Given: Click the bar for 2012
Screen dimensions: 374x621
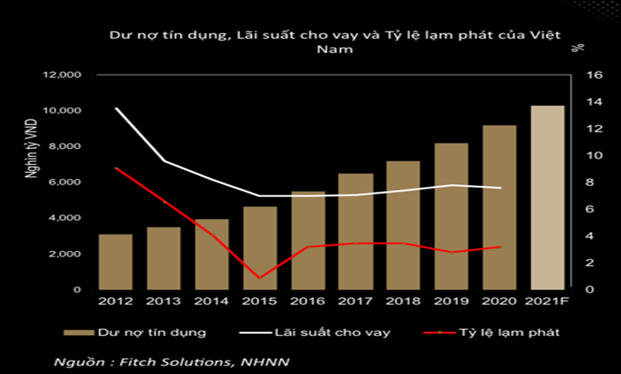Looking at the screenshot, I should pyautogui.click(x=115, y=262).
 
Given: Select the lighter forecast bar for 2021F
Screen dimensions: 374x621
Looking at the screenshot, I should pyautogui.click(x=547, y=197).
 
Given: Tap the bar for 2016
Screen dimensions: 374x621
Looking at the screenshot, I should pyautogui.click(x=308, y=240).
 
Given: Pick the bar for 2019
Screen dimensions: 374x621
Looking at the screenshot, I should pyautogui.click(x=452, y=216).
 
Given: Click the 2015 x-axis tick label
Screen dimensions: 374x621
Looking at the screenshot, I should pyautogui.click(x=259, y=301).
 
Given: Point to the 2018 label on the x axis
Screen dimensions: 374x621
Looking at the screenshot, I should pyautogui.click(x=403, y=301).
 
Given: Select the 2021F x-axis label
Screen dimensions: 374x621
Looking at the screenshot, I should pyautogui.click(x=548, y=301).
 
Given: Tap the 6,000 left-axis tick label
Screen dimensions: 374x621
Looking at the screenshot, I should pyautogui.click(x=67, y=182).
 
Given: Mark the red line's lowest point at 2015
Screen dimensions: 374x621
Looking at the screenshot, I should pyautogui.click(x=259, y=277).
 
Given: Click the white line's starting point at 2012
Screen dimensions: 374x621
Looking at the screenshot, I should pyautogui.click(x=115, y=109).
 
